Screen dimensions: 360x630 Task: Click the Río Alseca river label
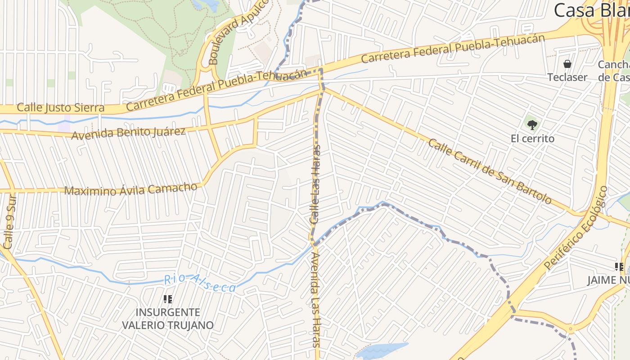199,283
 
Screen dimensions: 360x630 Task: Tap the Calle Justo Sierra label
60,108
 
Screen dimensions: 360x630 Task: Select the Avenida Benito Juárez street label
128,133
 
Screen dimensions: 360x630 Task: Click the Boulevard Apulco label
238,31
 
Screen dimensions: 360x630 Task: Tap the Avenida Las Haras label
316,299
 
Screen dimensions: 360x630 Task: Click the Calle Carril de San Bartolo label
489,171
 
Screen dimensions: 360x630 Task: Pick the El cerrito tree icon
532,125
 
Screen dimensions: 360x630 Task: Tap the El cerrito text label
532,139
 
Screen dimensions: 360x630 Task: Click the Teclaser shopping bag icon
567,64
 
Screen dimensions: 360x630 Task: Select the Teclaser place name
567,77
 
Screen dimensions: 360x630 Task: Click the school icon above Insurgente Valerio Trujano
168,299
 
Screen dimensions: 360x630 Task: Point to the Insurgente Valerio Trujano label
168,318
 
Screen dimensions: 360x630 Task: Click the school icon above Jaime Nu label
619,267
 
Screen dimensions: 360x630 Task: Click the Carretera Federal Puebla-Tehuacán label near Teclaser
452,49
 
